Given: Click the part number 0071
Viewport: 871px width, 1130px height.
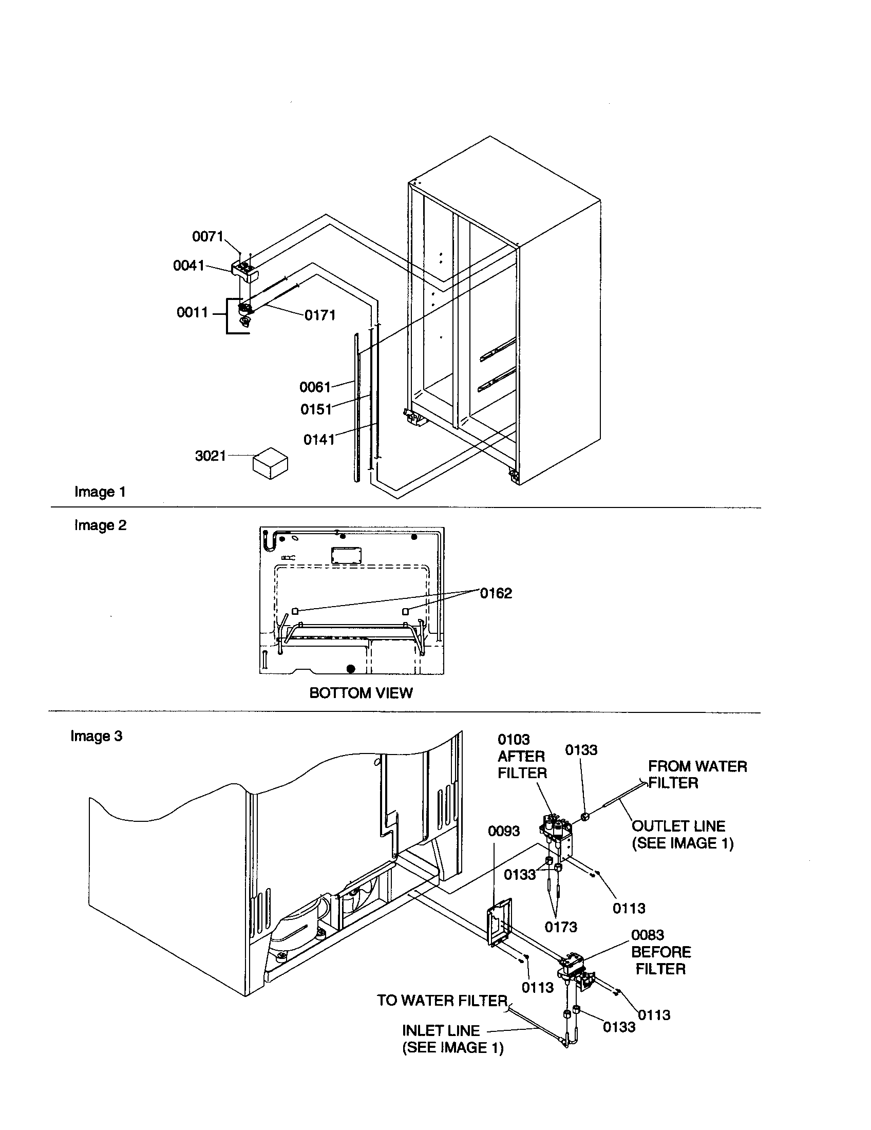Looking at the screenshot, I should [207, 236].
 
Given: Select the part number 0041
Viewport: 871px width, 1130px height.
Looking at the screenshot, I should [189, 266].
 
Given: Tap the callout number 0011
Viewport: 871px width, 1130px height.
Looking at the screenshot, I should [192, 312].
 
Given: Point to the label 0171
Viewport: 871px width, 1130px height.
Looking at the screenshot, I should [320, 315].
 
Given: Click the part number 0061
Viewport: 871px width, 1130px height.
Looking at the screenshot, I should [315, 387].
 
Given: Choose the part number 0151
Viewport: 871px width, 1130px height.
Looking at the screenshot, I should [316, 409].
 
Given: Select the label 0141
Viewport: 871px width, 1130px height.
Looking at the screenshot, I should [319, 439].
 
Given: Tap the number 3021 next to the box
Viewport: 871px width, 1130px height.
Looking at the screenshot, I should [211, 456].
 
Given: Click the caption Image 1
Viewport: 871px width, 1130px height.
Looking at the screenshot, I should [100, 492].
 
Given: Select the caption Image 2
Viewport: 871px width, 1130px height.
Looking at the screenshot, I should [100, 525].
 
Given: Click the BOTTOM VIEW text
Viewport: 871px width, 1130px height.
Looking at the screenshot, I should [361, 693].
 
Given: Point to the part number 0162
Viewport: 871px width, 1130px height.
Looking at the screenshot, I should [496, 593].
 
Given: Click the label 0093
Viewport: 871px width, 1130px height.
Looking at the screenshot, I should [504, 831].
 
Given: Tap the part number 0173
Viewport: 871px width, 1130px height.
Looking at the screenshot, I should [561, 927].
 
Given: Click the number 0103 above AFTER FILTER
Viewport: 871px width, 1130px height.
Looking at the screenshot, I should [514, 739].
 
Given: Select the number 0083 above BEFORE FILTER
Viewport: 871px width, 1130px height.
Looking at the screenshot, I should [647, 935].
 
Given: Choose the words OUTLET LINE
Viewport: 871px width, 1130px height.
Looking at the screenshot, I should [678, 826].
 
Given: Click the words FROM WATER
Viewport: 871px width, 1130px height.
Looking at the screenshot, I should [697, 766].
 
